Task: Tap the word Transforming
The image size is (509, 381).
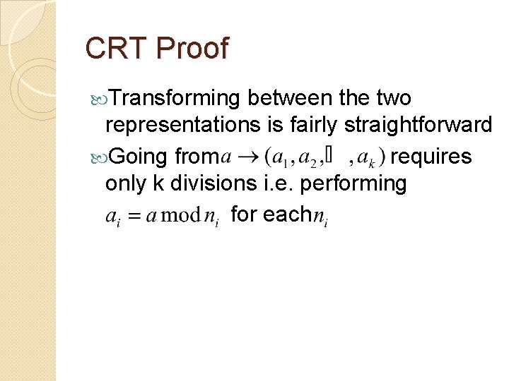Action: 174,98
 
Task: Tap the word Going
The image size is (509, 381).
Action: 135,155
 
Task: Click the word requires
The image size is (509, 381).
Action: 431,155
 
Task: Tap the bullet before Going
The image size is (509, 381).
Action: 98,156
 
